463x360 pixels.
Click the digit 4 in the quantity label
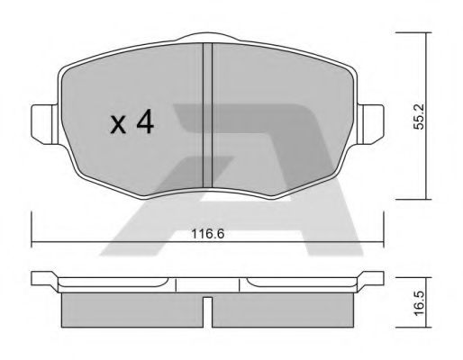point(143,123)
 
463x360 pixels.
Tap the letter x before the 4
point(117,125)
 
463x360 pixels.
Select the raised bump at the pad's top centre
point(208,39)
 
